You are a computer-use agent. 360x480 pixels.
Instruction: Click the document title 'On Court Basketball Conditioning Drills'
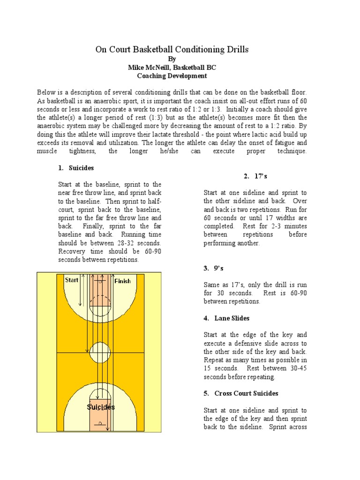point(172,49)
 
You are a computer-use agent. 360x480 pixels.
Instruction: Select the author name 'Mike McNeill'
point(149,67)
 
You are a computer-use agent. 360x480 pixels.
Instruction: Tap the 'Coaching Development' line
point(172,75)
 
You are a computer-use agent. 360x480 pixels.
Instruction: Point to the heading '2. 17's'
point(255,176)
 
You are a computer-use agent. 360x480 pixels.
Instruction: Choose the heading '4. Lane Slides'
point(226,318)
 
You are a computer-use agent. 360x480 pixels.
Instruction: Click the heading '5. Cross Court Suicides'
point(241,393)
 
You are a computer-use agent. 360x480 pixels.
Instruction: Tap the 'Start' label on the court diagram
point(72,280)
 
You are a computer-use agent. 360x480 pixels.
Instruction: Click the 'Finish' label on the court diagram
point(122,281)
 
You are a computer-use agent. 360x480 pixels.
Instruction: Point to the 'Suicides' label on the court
point(100,407)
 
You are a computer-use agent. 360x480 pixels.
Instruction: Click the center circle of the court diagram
point(100,352)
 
